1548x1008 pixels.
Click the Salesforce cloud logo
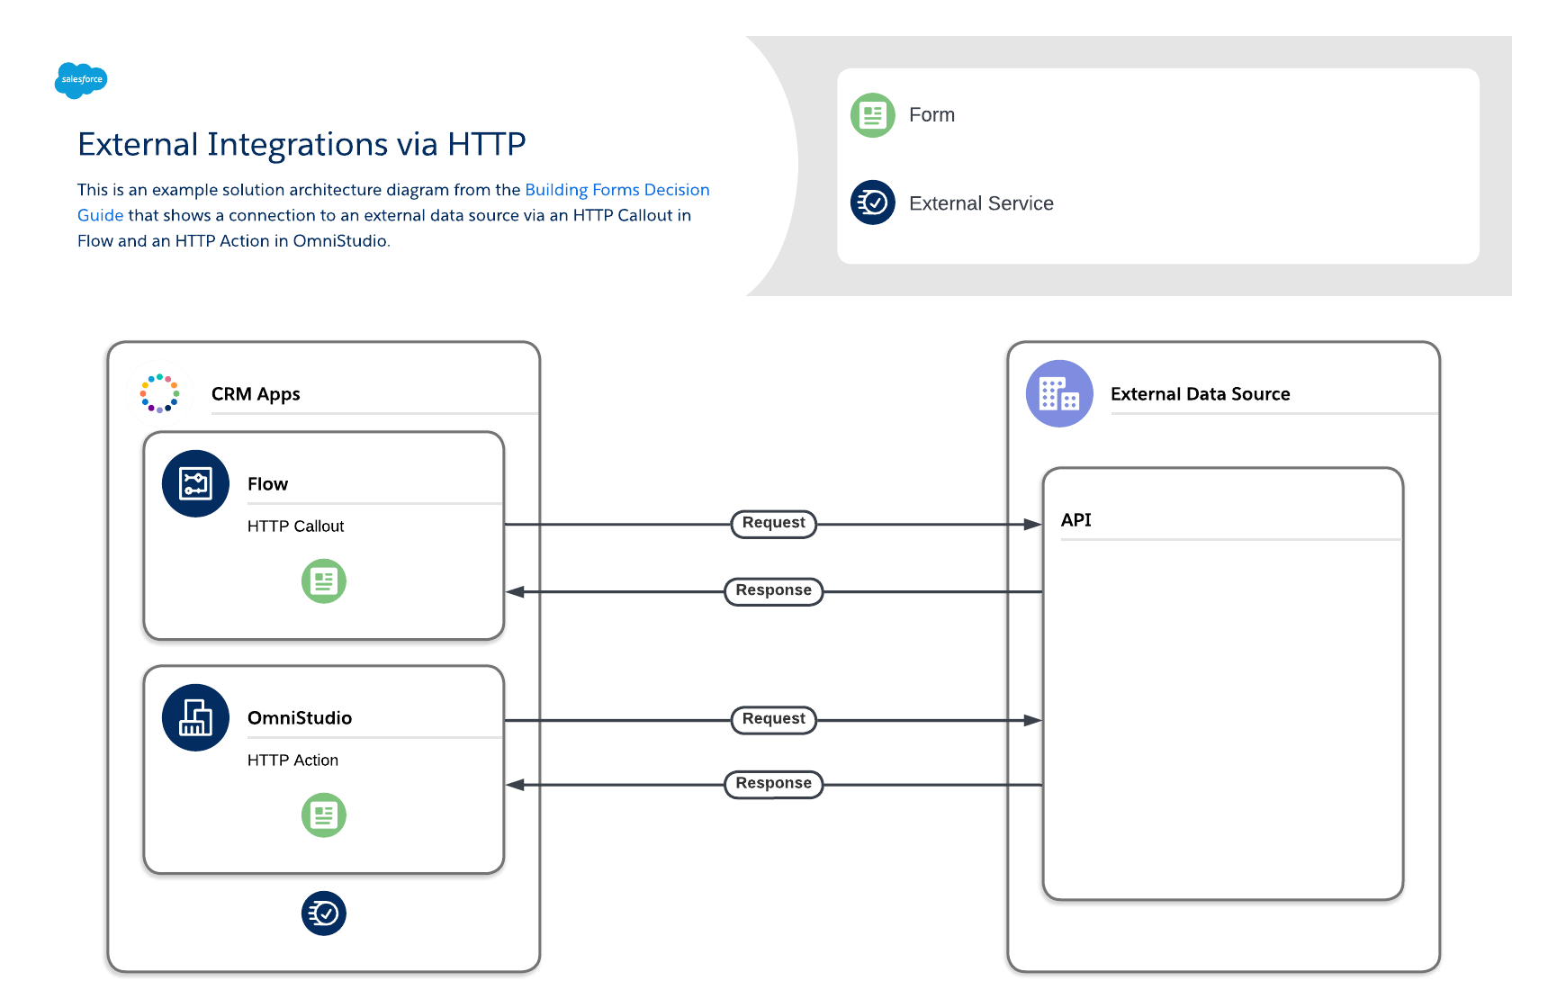point(81,80)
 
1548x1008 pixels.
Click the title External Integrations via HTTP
point(301,144)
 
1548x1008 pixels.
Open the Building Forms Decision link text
point(616,190)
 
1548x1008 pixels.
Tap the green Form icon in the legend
point(872,115)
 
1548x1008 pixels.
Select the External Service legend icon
point(872,202)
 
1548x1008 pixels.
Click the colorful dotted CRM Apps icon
point(160,393)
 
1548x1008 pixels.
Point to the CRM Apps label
point(256,394)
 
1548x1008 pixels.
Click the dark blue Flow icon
point(195,483)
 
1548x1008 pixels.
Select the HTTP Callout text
point(295,526)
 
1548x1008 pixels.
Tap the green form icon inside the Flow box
point(324,581)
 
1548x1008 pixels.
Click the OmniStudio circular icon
point(195,717)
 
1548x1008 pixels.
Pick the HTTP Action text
point(292,760)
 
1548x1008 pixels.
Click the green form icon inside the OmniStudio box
point(324,815)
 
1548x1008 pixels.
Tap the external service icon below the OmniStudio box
point(324,913)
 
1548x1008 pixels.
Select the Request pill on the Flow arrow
point(773,523)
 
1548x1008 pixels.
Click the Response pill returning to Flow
point(773,591)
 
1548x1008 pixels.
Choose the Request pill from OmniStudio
point(773,719)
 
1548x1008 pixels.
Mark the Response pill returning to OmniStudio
point(773,784)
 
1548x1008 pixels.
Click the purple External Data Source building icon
point(1059,393)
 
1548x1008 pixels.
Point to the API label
point(1075,520)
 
